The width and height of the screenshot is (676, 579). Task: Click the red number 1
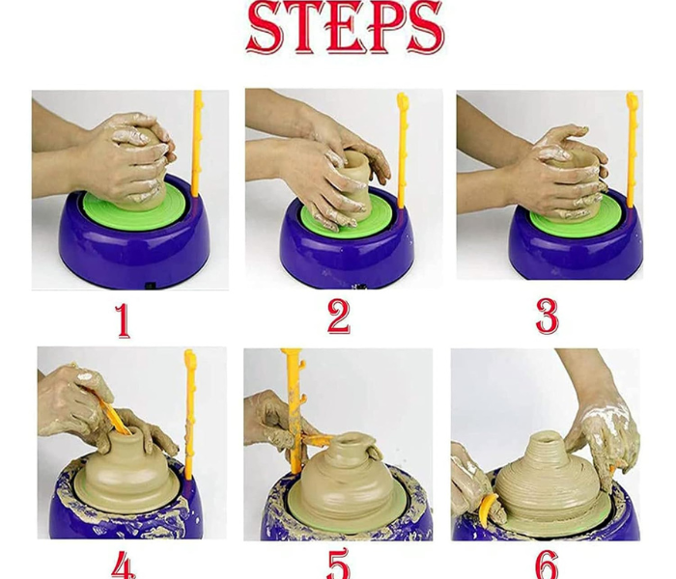[123, 318]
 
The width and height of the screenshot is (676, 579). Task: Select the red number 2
[338, 317]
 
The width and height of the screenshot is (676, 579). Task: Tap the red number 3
[547, 317]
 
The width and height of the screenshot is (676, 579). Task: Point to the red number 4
[123, 565]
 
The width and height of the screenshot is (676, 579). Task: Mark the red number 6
[547, 565]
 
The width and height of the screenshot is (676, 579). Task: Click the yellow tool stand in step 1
[196, 145]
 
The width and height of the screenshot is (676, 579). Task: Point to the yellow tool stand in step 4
[189, 415]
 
